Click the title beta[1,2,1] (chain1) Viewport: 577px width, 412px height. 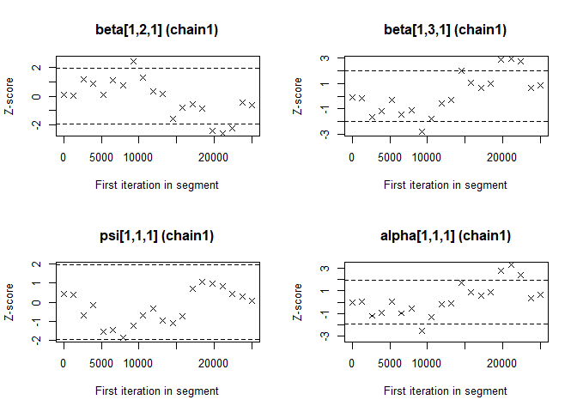tap(157, 30)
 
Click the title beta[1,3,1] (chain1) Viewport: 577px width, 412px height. tap(445, 30)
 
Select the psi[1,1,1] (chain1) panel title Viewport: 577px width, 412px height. tap(157, 236)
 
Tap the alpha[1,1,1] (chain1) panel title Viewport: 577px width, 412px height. tap(445, 236)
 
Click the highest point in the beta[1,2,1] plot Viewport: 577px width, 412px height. tap(133, 61)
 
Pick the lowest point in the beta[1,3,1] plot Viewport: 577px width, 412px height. tap(422, 131)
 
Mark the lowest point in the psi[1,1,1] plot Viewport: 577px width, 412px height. tap(123, 337)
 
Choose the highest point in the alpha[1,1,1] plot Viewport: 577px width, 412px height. tap(511, 265)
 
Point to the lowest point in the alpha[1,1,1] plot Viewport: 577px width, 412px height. tap(422, 330)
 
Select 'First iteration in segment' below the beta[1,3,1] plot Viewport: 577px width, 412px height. tap(445, 185)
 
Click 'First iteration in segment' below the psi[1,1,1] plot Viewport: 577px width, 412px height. tap(157, 391)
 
